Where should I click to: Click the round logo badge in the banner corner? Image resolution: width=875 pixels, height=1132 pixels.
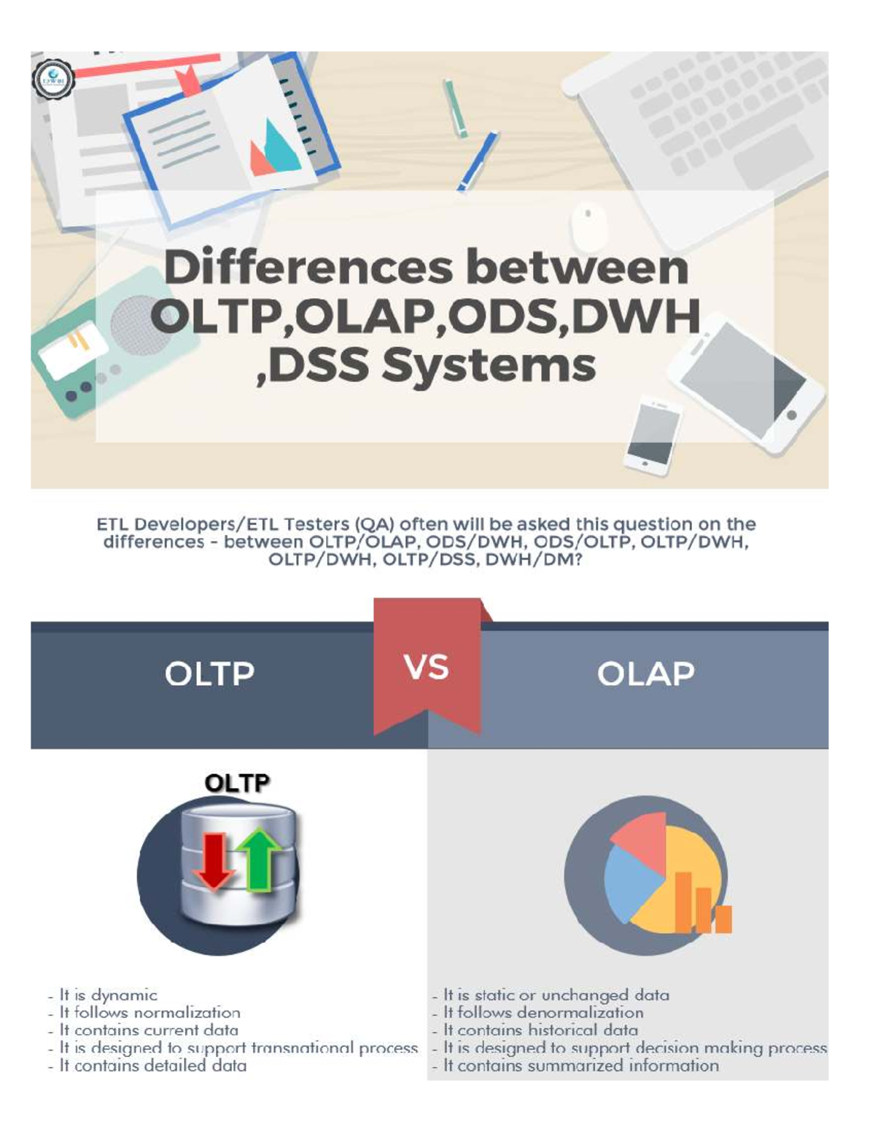[x=53, y=79]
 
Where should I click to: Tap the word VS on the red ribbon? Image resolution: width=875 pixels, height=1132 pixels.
[x=427, y=667]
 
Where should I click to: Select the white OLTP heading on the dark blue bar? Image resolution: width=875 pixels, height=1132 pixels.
[x=210, y=674]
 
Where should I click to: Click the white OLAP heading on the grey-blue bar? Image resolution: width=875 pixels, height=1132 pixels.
[x=646, y=674]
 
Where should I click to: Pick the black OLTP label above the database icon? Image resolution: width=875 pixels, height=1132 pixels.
[x=237, y=783]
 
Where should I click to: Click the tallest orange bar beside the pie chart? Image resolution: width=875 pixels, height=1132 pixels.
[x=683, y=902]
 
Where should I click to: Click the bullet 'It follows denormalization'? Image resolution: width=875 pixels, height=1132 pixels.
[x=543, y=1012]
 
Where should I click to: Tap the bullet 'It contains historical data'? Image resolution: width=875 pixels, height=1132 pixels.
[x=540, y=1030]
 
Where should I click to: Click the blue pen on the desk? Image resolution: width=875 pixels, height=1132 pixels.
[x=478, y=160]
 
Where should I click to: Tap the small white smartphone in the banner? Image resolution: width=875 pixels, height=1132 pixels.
[x=651, y=435]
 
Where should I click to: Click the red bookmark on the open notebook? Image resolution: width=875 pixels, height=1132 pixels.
[x=190, y=81]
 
